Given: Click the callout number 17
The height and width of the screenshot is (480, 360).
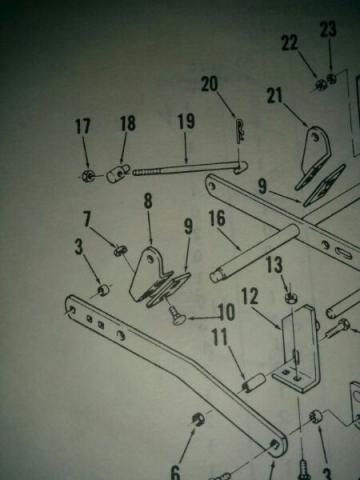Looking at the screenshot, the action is click(82, 126).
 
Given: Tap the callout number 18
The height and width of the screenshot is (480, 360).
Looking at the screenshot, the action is click(128, 123).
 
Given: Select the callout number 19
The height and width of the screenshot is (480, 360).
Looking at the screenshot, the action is click(186, 121).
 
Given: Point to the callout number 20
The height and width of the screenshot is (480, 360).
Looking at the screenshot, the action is click(209, 84).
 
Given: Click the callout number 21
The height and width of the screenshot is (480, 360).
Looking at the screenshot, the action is click(274, 96).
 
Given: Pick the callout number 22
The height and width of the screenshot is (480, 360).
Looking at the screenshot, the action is click(289, 43).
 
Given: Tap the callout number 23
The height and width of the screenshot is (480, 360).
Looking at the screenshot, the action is click(328, 29).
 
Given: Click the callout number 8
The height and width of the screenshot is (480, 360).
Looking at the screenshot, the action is click(148, 201).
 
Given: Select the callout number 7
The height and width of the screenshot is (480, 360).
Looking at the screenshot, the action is click(87, 219).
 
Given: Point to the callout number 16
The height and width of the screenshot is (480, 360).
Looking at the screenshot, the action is click(217, 218).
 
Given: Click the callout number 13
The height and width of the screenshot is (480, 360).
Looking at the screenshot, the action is click(274, 265).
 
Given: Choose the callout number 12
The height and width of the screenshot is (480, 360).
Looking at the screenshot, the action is click(250, 296).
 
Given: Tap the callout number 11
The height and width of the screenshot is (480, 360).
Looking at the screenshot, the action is click(220, 337).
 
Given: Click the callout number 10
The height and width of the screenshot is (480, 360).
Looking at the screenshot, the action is click(226, 312).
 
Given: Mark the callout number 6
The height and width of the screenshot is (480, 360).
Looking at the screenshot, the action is click(175, 472).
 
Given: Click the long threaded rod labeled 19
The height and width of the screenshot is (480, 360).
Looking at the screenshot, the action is click(190, 167).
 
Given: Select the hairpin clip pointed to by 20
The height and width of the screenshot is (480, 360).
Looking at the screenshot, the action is click(240, 131).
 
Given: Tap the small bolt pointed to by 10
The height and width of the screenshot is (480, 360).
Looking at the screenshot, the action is click(175, 315).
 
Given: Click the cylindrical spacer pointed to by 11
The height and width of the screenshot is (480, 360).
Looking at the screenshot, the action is click(254, 382).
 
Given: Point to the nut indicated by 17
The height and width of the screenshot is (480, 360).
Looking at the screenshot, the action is click(89, 175).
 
